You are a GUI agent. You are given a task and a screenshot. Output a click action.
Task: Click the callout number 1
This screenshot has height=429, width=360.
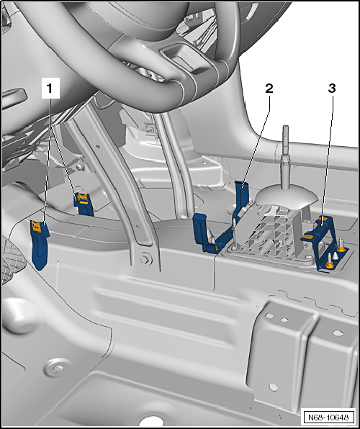pyautogui.click(x=50, y=89)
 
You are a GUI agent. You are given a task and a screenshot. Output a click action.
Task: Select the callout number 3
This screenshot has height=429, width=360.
pyautogui.click(x=331, y=89)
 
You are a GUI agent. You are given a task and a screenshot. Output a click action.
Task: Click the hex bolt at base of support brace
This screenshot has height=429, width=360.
pyautogui.click(x=147, y=261)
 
